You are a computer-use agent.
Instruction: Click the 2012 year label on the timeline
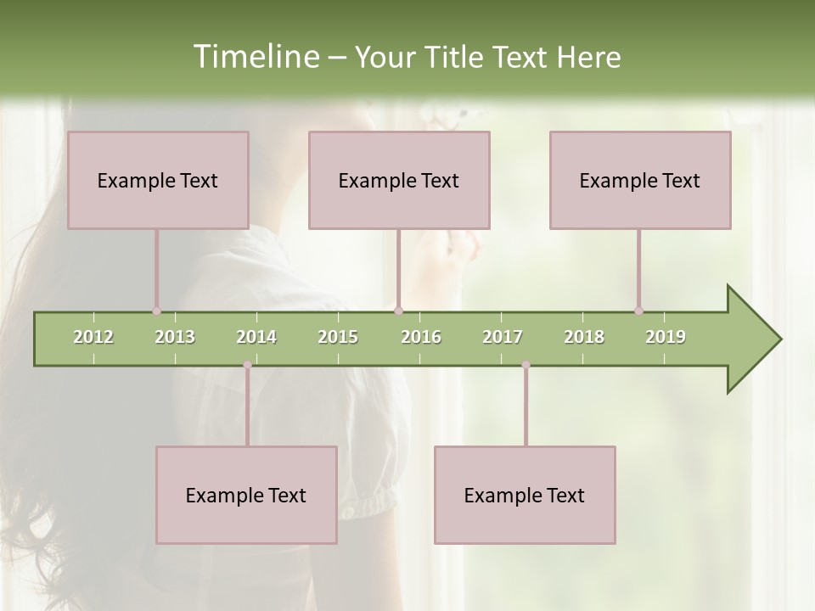[x=93, y=337]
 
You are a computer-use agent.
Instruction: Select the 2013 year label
[x=175, y=337]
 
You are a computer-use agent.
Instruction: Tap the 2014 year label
[x=256, y=337]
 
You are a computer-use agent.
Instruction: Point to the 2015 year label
[x=338, y=337]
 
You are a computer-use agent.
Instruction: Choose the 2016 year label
[x=421, y=337]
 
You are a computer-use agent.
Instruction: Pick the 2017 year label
[x=503, y=337]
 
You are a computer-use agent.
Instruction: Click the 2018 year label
[x=584, y=337]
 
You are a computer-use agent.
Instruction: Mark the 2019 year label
[x=666, y=337]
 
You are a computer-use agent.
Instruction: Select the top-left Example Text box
[x=158, y=180]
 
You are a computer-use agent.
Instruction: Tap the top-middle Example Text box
[x=399, y=180]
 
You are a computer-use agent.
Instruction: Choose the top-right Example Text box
[x=640, y=180]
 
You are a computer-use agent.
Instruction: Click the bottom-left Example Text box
[x=246, y=495]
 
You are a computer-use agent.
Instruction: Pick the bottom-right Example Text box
[x=525, y=495]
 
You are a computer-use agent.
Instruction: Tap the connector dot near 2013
[x=156, y=311]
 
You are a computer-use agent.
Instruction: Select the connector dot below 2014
[x=247, y=365]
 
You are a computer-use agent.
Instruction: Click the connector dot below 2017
[x=526, y=365]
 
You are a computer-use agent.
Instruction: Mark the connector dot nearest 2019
[x=638, y=311]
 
